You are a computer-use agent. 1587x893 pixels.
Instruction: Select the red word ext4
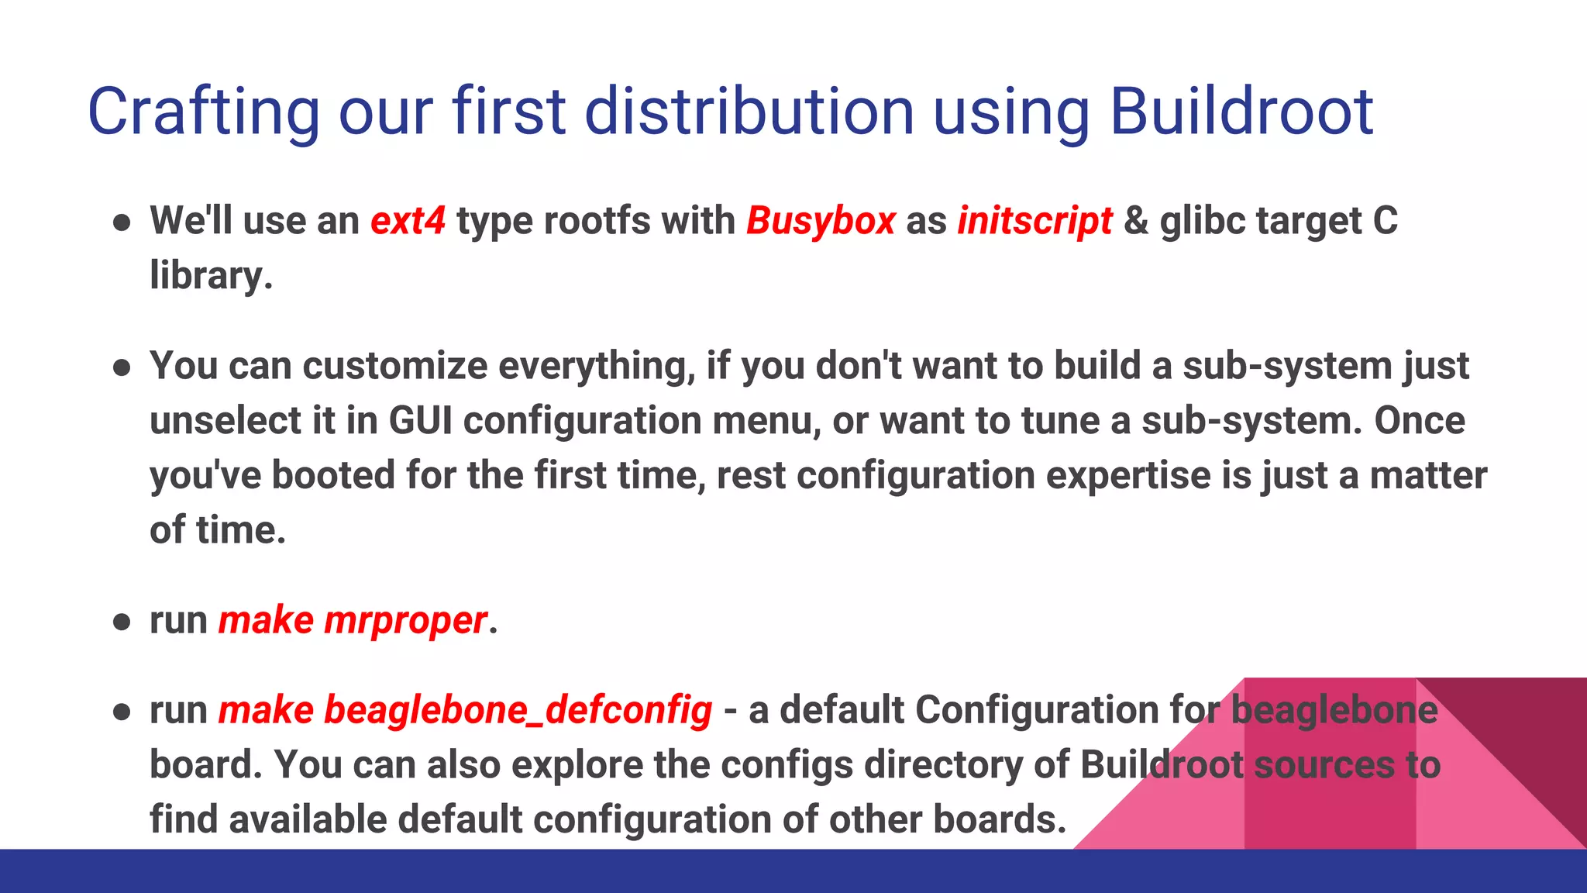pos(408,221)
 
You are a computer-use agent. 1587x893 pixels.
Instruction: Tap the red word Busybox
pos(821,221)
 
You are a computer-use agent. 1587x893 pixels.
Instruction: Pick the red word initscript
pos(1034,221)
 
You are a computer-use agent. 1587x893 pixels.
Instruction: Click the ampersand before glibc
pos(1135,221)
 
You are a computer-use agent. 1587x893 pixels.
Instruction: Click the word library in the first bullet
pos(209,276)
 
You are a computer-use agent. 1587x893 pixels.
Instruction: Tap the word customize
pos(394,366)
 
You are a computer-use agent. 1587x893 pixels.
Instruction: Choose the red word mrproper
pos(405,621)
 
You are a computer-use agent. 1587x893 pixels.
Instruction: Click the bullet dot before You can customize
pos(121,367)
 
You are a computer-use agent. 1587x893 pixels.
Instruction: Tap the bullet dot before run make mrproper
pos(121,622)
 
